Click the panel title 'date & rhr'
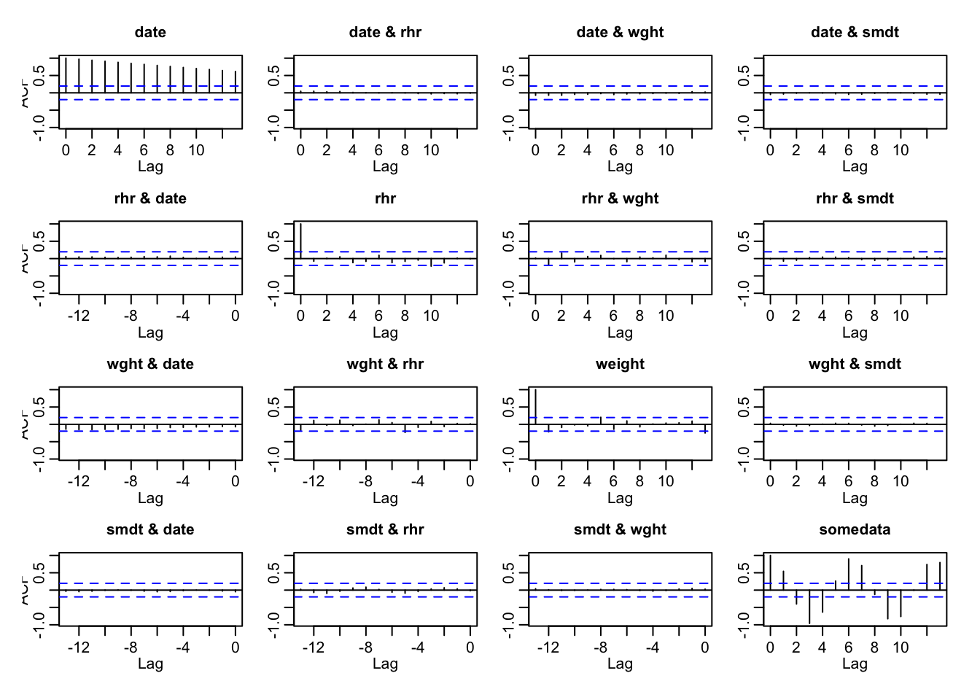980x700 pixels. tap(385, 32)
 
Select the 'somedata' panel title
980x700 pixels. tap(855, 529)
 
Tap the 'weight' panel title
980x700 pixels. tap(620, 364)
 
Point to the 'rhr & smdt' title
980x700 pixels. tap(855, 198)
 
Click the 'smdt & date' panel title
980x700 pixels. tap(150, 529)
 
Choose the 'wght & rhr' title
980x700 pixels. tap(385, 364)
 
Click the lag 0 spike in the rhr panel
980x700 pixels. tap(300, 241)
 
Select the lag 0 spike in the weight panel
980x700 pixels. tap(535, 406)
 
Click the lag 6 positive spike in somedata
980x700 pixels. tap(849, 574)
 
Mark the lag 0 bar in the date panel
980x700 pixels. tap(66, 75)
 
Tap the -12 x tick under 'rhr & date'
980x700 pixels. tap(79, 316)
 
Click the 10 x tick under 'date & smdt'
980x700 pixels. tap(901, 150)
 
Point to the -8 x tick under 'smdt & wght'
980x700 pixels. tap(600, 647)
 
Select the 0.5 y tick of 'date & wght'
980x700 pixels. tap(509, 75)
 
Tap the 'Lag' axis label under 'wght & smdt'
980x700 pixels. tap(855, 498)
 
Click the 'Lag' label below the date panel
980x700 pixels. tap(150, 166)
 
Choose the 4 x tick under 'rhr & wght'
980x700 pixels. tap(587, 316)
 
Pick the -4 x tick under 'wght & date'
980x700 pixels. tap(183, 481)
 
